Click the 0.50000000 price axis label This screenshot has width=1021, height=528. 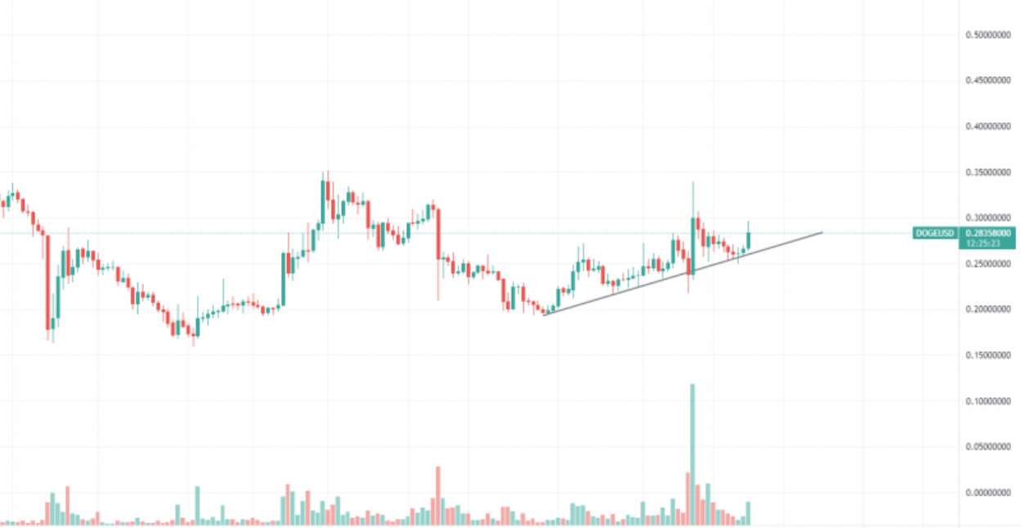pyautogui.click(x=987, y=35)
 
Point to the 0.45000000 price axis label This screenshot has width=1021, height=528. pyautogui.click(x=987, y=81)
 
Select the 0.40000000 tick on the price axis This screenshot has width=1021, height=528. pyautogui.click(x=987, y=127)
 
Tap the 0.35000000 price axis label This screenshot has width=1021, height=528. pyautogui.click(x=987, y=172)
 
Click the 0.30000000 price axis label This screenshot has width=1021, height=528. pyautogui.click(x=987, y=218)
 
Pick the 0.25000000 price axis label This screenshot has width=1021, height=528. pyautogui.click(x=987, y=264)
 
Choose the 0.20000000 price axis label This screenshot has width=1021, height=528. pyautogui.click(x=987, y=310)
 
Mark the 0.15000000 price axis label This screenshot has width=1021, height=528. pyautogui.click(x=987, y=356)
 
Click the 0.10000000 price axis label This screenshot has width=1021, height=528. pyautogui.click(x=987, y=401)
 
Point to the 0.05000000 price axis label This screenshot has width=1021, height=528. pyautogui.click(x=987, y=447)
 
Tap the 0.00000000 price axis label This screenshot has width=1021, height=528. pyautogui.click(x=987, y=493)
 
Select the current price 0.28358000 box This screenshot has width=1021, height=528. pyautogui.click(x=987, y=233)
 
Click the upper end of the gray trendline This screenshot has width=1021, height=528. pyautogui.click(x=821, y=233)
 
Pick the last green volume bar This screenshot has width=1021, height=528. pyautogui.click(x=748, y=512)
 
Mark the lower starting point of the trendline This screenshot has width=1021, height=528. pyautogui.click(x=544, y=314)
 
